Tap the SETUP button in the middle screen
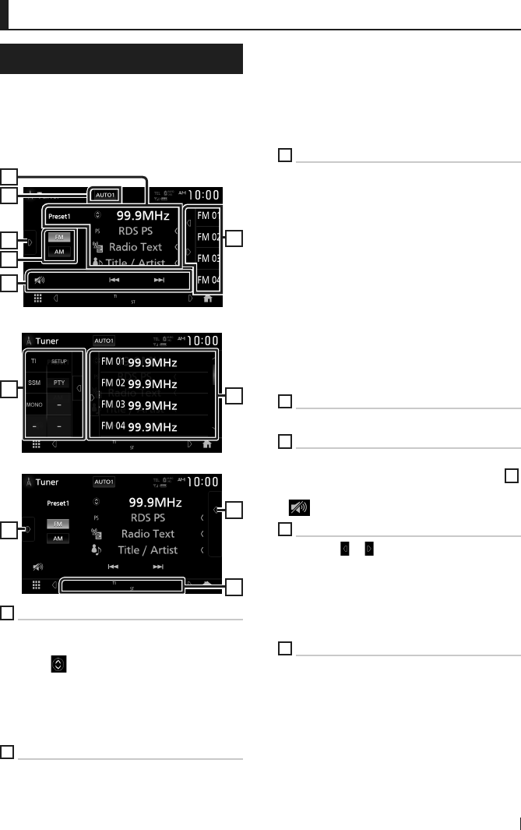59,362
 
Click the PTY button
59,383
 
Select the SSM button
34,383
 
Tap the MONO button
34,405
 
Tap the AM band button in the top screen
60,253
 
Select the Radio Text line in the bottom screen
149,534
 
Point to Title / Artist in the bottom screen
148,550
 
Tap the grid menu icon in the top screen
37,298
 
